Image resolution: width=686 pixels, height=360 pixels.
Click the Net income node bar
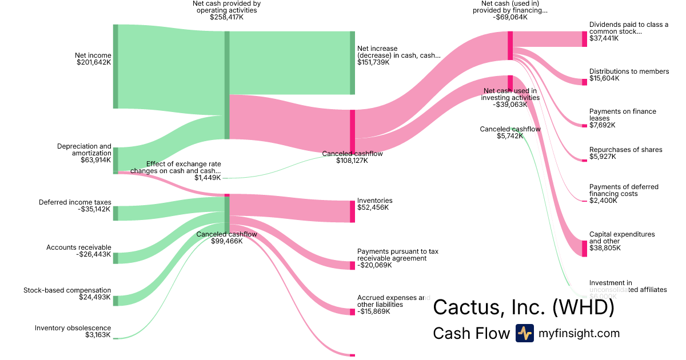point(115,66)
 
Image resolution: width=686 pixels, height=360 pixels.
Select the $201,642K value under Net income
point(94,62)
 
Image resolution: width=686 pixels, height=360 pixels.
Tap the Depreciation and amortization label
point(84,150)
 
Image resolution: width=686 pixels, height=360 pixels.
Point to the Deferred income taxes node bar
point(115,213)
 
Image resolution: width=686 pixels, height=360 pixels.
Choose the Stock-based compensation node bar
point(115,301)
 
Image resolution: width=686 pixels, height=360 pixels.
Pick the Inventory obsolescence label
point(73,328)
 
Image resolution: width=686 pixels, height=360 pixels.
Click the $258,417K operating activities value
point(227,17)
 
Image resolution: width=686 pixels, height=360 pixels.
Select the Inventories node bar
point(353,211)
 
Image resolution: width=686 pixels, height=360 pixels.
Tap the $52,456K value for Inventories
point(373,207)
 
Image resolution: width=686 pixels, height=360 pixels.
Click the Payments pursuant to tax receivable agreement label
point(397,254)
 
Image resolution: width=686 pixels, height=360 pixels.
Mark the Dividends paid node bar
point(584,39)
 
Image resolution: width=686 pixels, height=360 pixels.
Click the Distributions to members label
point(629,71)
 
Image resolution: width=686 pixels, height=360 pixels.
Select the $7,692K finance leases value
point(603,125)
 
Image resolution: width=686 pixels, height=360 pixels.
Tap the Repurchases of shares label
point(625,150)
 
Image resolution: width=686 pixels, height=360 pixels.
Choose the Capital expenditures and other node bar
point(584,249)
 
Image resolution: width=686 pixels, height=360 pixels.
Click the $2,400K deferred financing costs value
point(603,201)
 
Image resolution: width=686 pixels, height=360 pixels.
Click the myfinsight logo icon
point(524,333)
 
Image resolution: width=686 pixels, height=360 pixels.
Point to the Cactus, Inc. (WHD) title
point(523,307)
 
